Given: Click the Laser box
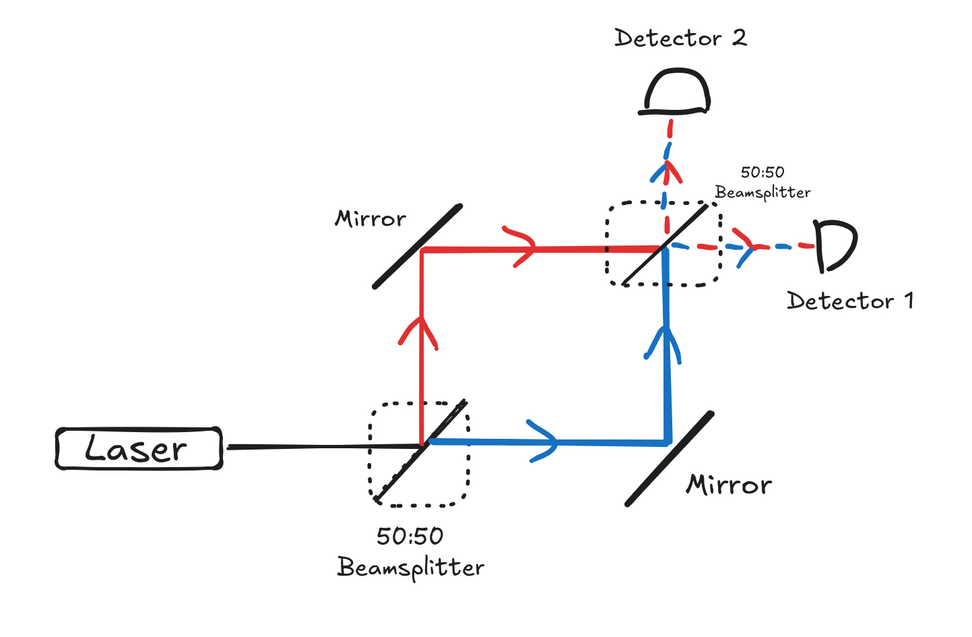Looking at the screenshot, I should click(139, 448).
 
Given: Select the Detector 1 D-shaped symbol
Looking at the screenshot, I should click(835, 245).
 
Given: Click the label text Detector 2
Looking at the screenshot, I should click(680, 38).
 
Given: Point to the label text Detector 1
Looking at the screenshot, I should click(850, 301).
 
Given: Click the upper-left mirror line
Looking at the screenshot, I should click(418, 246).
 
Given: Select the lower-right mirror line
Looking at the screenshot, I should click(669, 458).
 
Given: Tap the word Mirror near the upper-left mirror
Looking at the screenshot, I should click(370, 219).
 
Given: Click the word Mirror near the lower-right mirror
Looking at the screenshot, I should click(729, 485).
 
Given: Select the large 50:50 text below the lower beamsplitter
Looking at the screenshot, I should click(410, 537).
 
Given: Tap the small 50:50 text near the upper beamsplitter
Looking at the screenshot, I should click(763, 173).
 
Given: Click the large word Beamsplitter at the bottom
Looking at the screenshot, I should click(411, 568).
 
